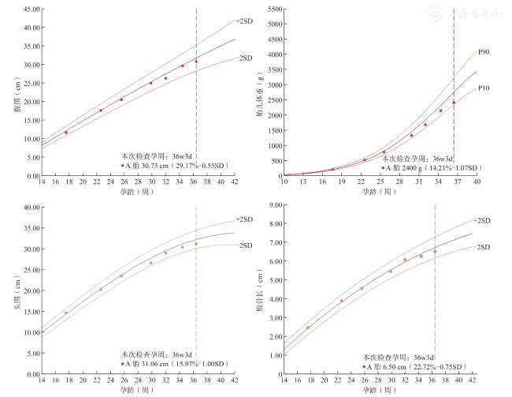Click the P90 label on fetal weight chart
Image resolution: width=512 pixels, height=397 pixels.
point(484,52)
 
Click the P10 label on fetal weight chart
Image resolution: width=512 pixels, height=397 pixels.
point(484,88)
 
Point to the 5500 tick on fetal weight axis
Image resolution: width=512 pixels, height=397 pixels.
point(272,9)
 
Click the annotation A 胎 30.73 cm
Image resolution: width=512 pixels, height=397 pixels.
point(169,166)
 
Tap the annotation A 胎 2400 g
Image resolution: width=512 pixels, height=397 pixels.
point(430,168)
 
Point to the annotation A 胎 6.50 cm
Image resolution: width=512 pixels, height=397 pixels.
point(416,367)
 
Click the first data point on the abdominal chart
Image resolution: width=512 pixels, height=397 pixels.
point(66,133)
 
